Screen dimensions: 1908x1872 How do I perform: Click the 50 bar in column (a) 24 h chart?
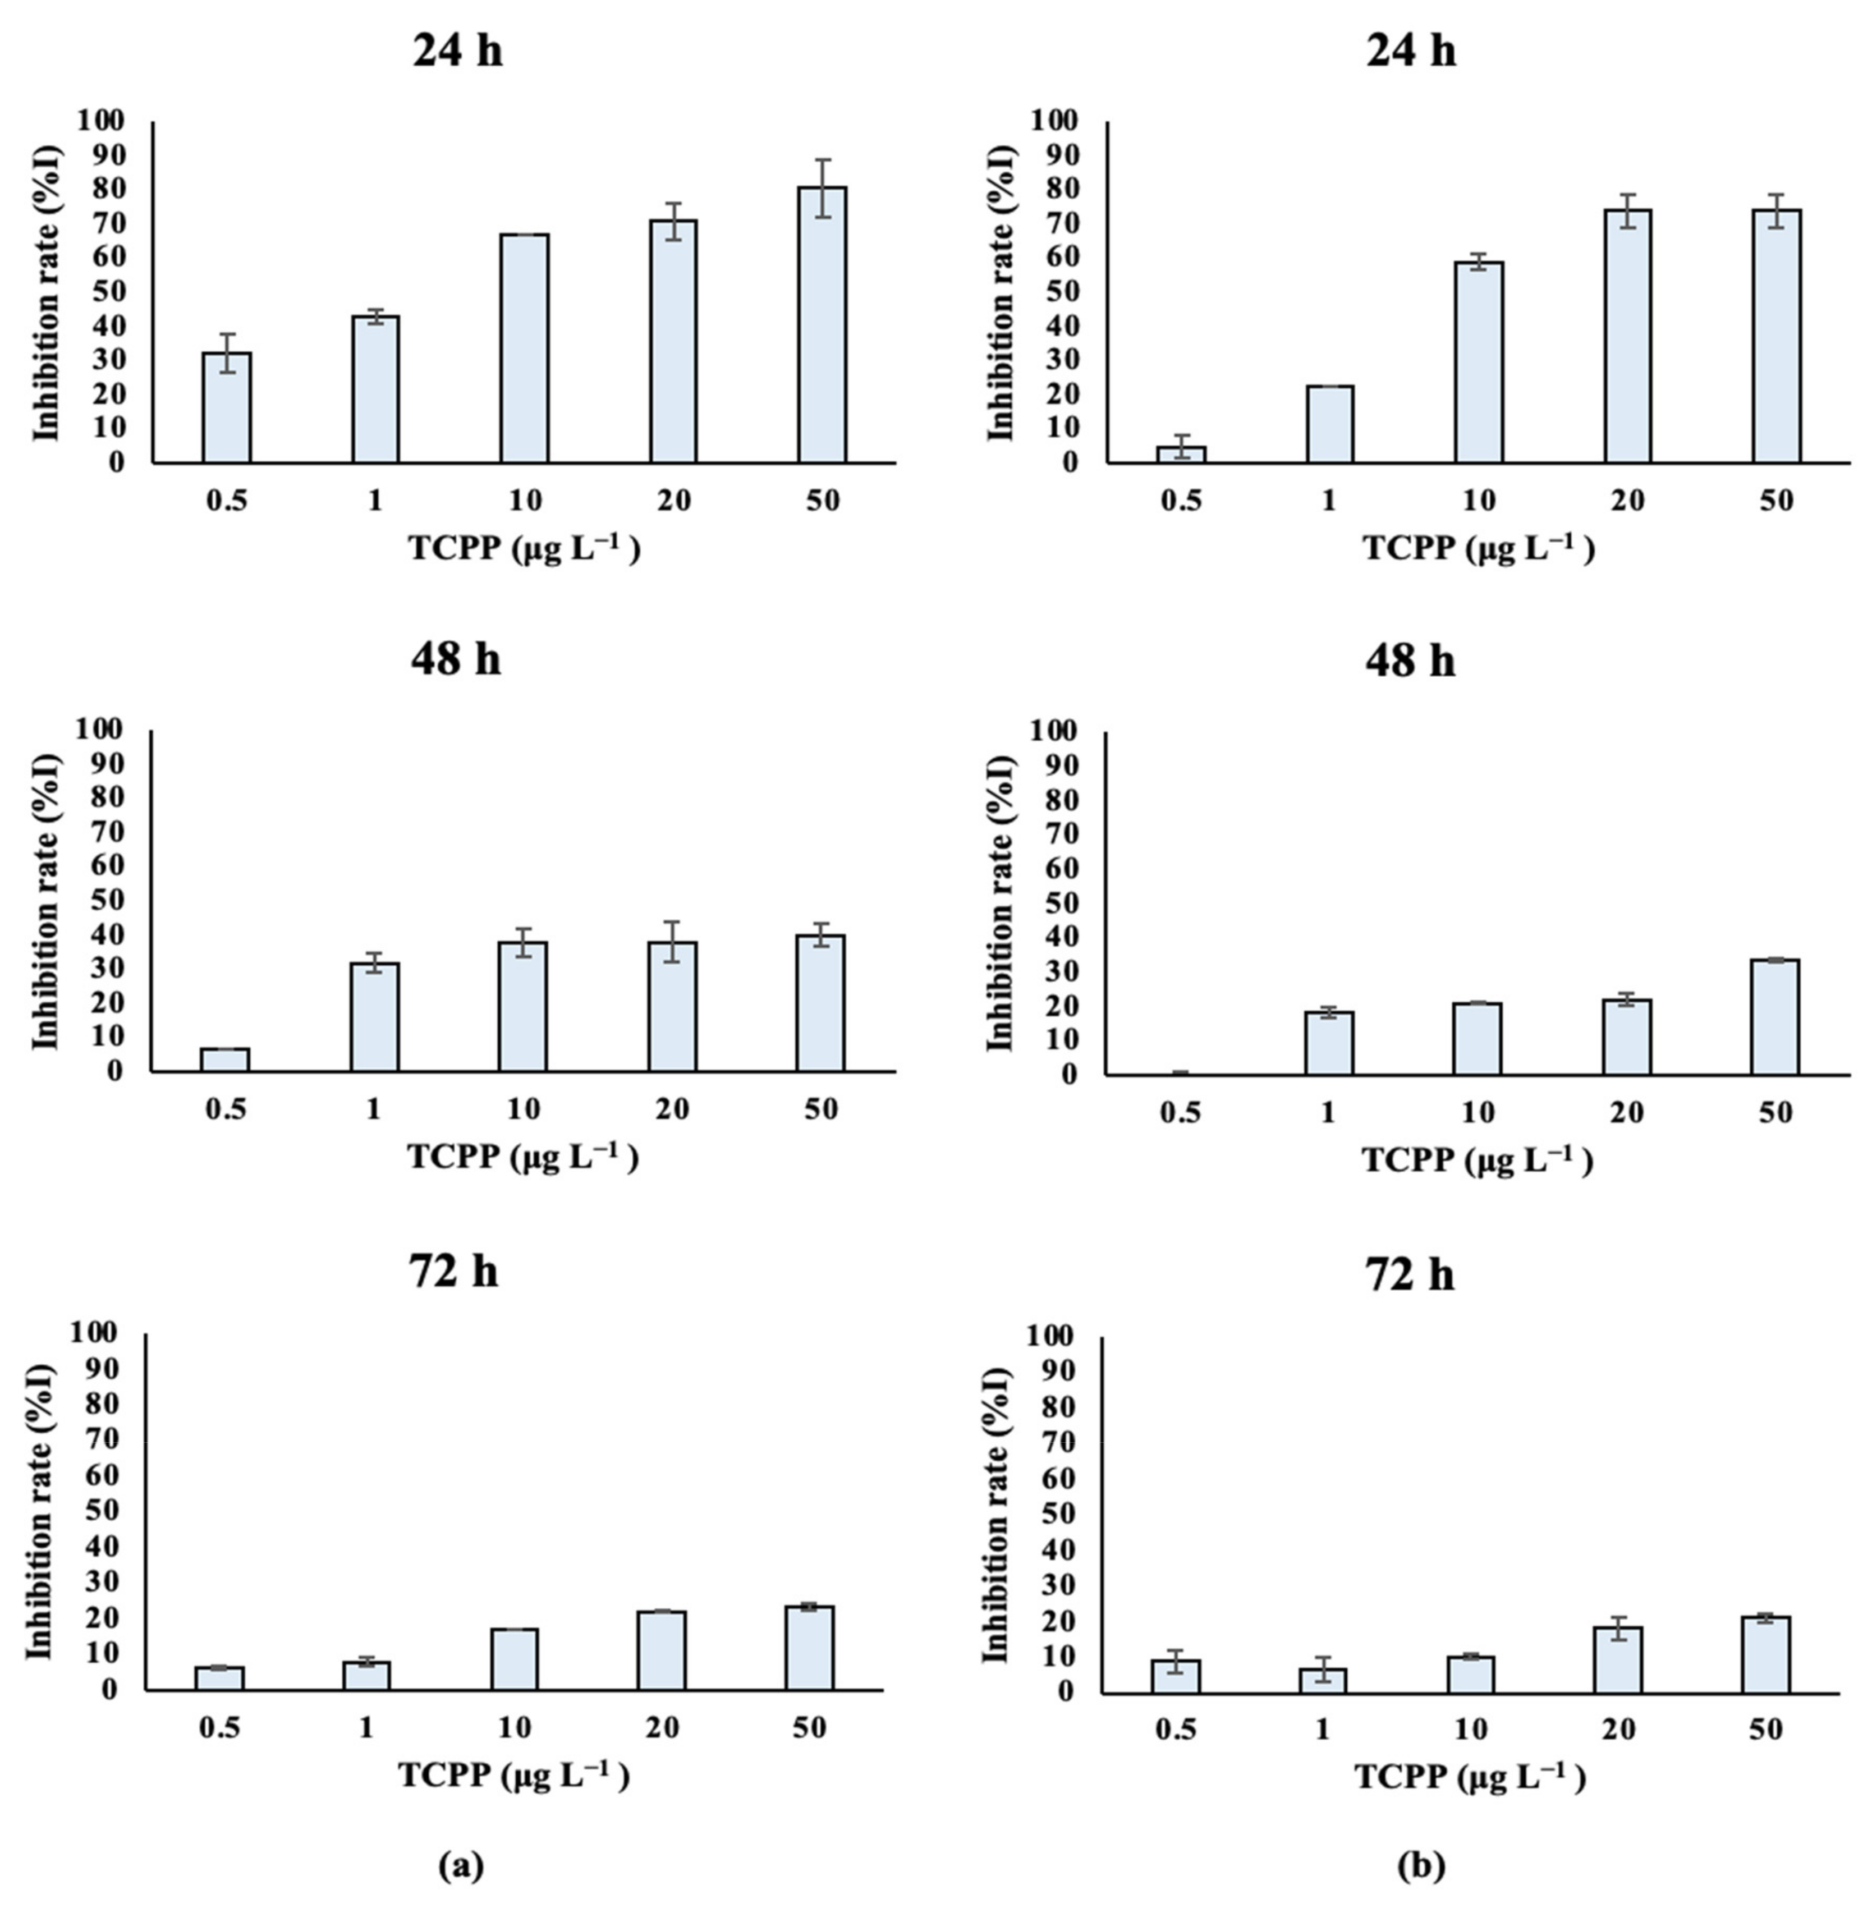[822, 324]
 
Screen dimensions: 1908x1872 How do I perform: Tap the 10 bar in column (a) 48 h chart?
[523, 1007]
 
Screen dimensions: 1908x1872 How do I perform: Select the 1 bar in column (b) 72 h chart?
[1323, 1681]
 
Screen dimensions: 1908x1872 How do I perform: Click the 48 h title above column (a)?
[456, 659]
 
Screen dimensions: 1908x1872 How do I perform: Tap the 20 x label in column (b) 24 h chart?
[1627, 501]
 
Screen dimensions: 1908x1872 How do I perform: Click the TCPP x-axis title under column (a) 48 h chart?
[523, 1158]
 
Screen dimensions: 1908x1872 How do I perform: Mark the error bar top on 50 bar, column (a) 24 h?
[822, 159]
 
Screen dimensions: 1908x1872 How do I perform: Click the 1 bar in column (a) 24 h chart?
[375, 389]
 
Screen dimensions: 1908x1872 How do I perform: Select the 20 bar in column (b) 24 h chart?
[1627, 336]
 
